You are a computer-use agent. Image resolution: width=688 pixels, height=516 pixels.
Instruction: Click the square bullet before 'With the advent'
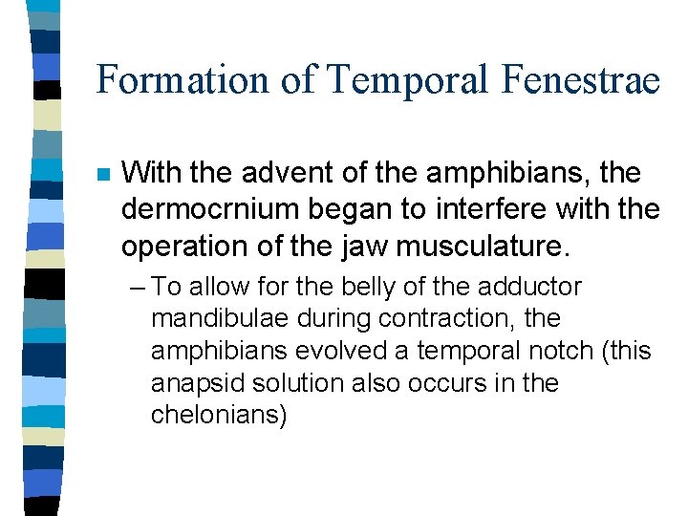pyautogui.click(x=103, y=175)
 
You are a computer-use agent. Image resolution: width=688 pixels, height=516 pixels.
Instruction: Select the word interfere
pyautogui.click(x=496, y=209)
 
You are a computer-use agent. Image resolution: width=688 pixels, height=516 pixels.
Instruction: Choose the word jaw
pyautogui.click(x=357, y=246)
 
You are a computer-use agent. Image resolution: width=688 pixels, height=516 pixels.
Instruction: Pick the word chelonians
pyautogui.click(x=220, y=416)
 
